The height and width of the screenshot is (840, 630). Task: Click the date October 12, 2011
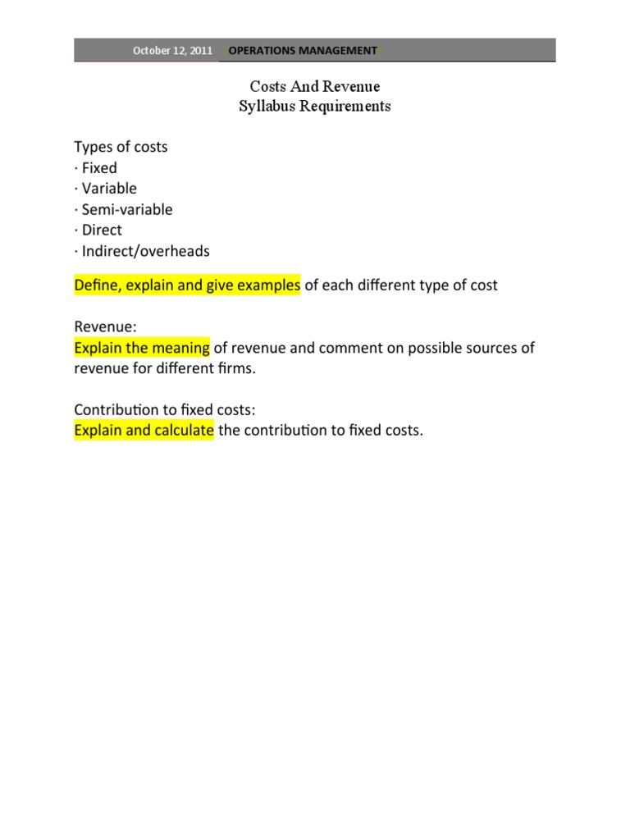pos(172,51)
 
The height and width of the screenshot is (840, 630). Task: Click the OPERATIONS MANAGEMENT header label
pos(303,51)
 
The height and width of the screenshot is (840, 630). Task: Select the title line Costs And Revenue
pos(315,86)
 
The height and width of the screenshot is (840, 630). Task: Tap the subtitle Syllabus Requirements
pos(315,106)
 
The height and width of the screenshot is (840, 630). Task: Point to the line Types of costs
pos(121,147)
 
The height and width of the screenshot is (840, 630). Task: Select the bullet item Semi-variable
pos(124,209)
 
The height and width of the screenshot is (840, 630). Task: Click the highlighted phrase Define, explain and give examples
pos(187,285)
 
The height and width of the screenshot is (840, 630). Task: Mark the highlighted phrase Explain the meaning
pos(142,348)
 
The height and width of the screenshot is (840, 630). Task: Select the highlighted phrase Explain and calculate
pos(144,431)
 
